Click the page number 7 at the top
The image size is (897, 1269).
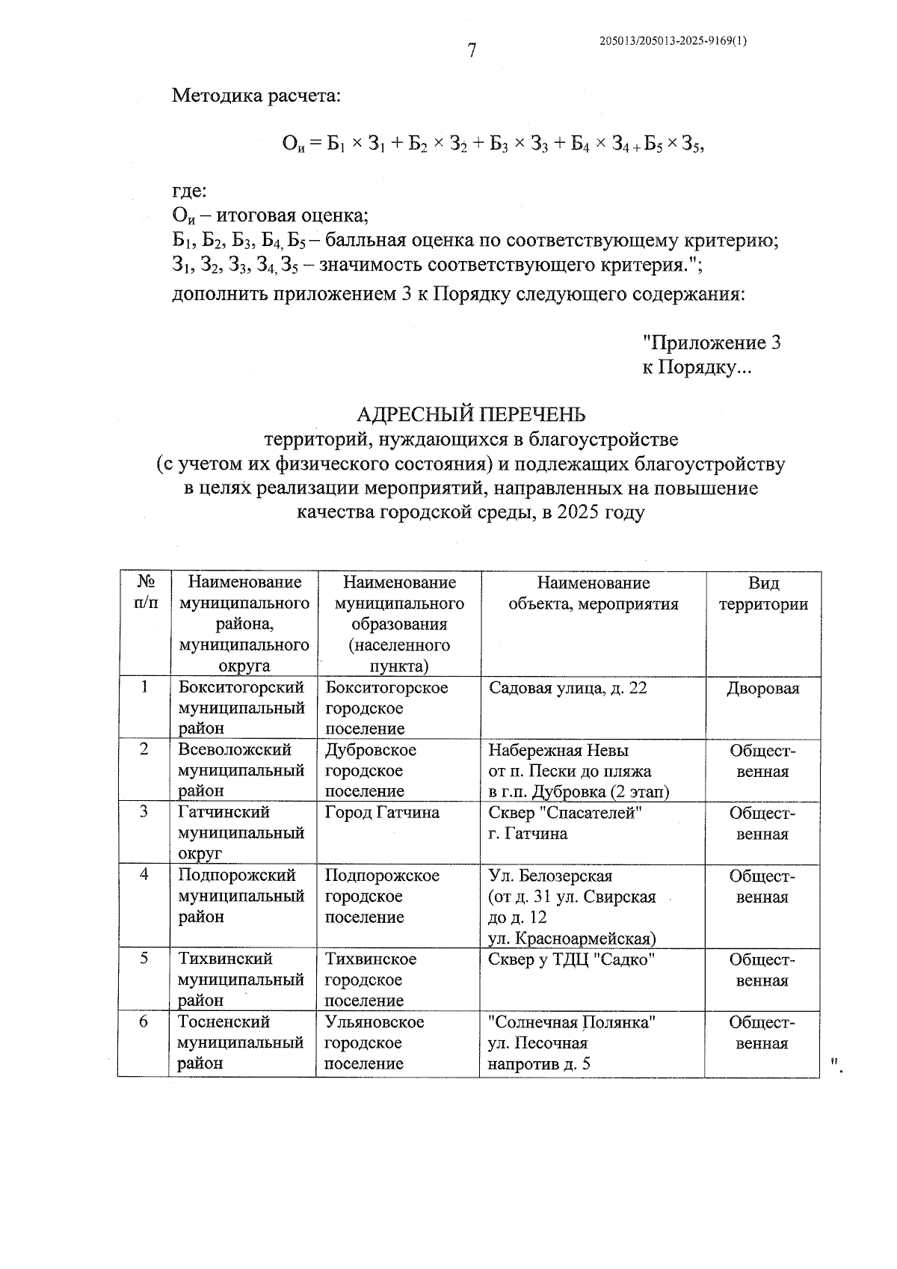(472, 51)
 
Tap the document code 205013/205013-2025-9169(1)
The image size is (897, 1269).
(673, 42)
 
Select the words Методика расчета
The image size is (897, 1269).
(256, 96)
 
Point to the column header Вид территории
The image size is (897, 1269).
(763, 594)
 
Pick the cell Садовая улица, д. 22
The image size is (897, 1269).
(567, 688)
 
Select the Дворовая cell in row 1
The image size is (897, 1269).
(762, 689)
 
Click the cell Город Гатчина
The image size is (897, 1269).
(382, 813)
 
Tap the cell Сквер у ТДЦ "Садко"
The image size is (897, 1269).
(572, 959)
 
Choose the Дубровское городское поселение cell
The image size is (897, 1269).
(371, 770)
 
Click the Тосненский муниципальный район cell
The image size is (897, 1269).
(241, 1042)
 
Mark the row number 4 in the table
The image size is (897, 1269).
(144, 874)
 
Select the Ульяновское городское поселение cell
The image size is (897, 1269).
(374, 1042)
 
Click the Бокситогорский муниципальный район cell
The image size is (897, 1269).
(241, 707)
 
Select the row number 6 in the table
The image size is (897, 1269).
(144, 1021)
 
